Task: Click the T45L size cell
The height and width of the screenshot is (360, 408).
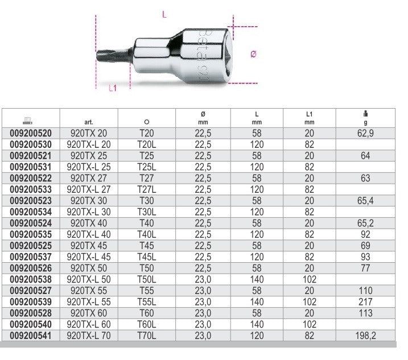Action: (147, 257)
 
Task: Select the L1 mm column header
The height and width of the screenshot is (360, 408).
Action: (309, 117)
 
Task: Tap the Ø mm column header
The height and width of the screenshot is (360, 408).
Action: (203, 117)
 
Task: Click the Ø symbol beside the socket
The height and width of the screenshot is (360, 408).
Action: (254, 54)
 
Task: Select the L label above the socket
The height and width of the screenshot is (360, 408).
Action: (164, 15)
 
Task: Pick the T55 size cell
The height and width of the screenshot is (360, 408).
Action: (147, 291)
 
